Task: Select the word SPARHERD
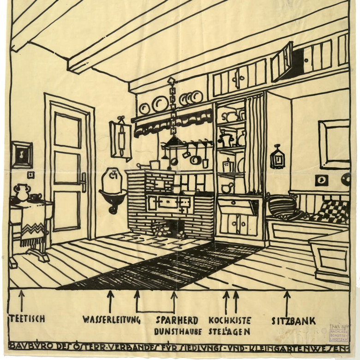click(x=177, y=320)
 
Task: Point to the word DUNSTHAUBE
click(x=177, y=331)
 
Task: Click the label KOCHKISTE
click(x=230, y=320)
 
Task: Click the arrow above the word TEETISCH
click(x=21, y=300)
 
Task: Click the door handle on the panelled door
click(x=84, y=182)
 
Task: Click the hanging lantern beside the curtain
click(x=277, y=157)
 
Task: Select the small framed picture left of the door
click(x=21, y=155)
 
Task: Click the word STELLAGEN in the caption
click(x=229, y=331)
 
